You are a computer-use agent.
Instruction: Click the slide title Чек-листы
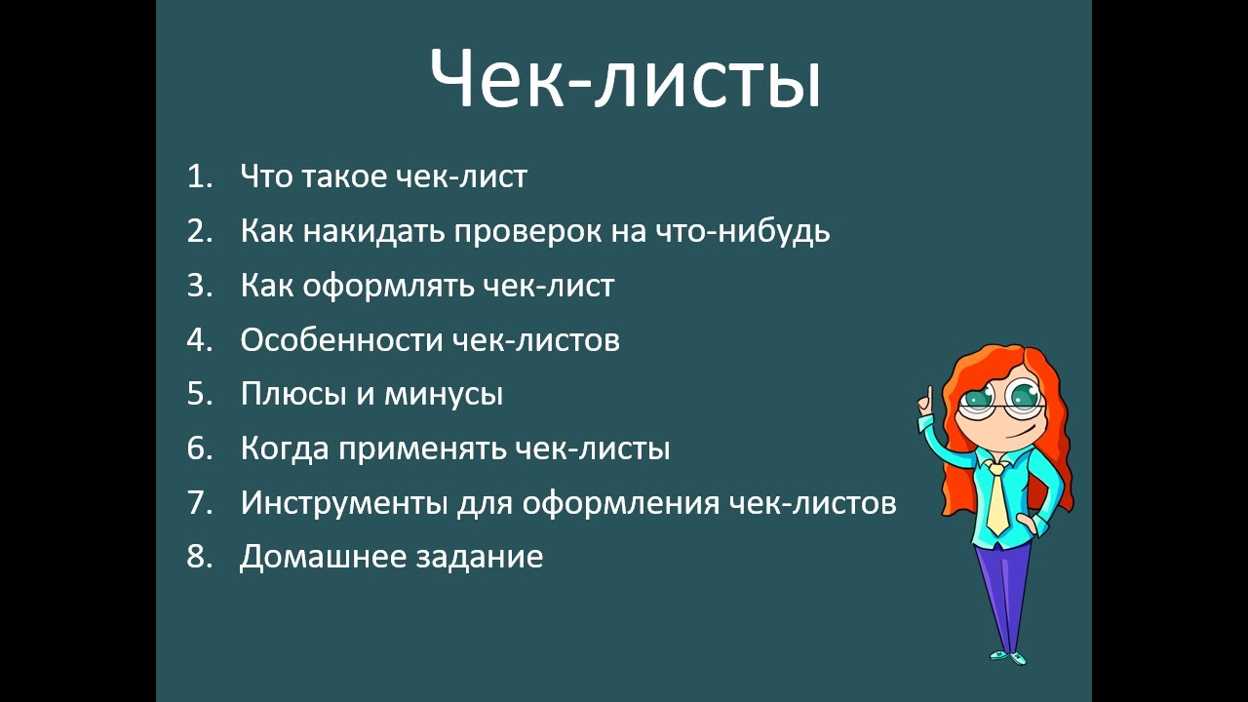click(x=625, y=78)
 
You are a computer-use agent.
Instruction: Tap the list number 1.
click(x=200, y=176)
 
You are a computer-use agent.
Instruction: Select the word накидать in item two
click(x=373, y=231)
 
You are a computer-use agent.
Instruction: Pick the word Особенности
click(x=341, y=339)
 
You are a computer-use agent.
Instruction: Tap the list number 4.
click(x=200, y=339)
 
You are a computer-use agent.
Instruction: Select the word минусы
click(x=444, y=395)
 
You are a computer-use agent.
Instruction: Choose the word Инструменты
click(x=344, y=503)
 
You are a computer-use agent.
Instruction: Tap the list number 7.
click(x=200, y=502)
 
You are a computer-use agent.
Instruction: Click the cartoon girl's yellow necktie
click(x=996, y=497)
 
